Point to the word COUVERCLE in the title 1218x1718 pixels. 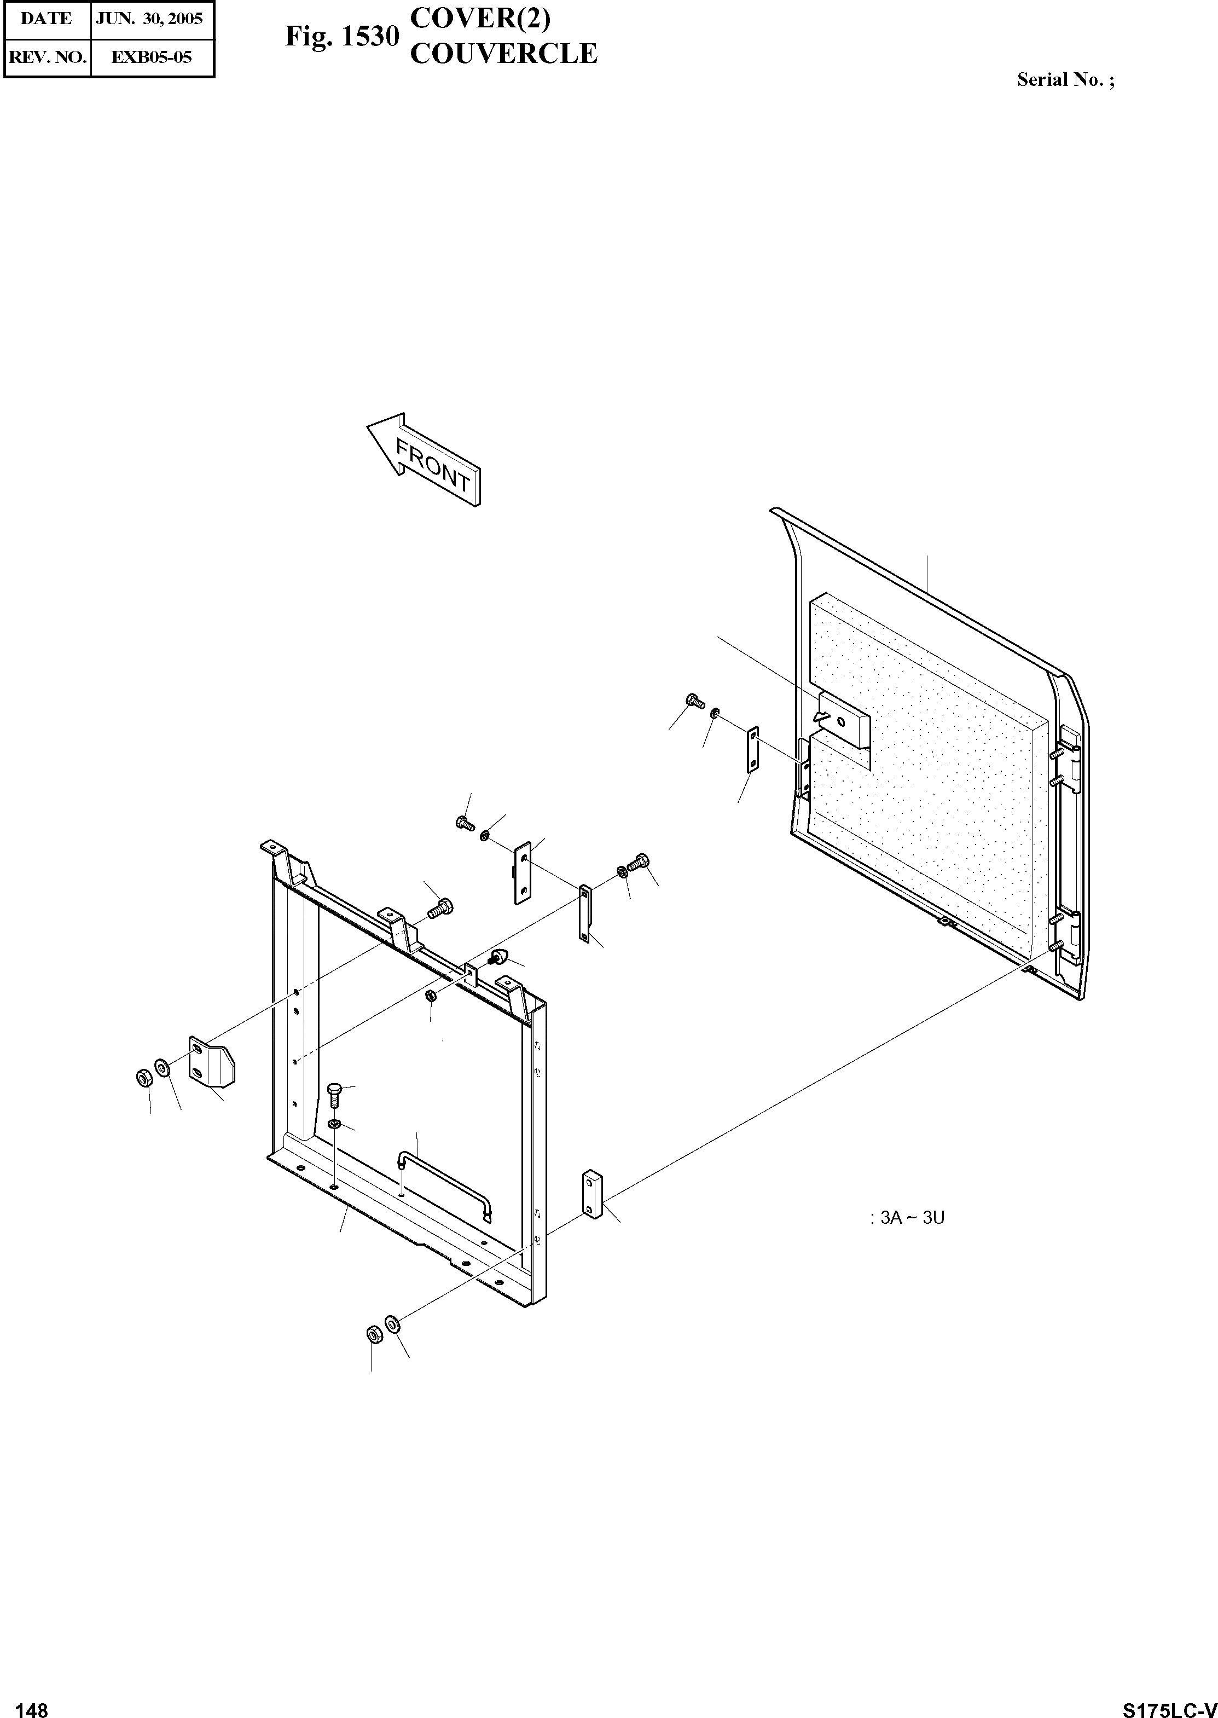pyautogui.click(x=503, y=54)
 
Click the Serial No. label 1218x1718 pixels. pyautogui.click(x=1065, y=80)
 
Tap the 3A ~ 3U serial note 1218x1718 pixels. pyautogui.click(x=908, y=1218)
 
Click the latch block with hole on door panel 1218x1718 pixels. pyautogui.click(x=844, y=719)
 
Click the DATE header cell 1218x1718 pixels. pyautogui.click(x=47, y=19)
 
